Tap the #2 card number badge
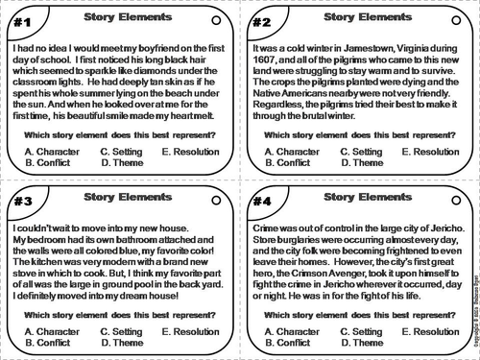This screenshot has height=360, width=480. (x=261, y=20)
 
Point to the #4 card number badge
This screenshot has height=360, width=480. (x=261, y=201)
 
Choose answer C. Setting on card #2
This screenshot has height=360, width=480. (x=361, y=151)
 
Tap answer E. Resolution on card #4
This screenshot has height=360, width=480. (x=433, y=330)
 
